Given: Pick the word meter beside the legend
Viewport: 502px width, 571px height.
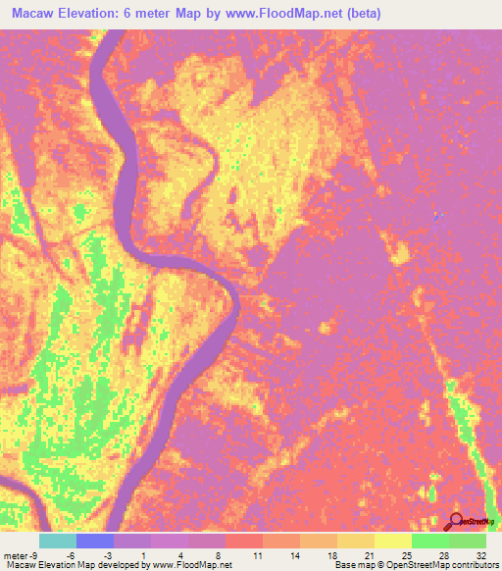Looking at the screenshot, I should click(x=15, y=554).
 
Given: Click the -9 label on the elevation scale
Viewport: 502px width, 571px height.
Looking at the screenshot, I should click(x=34, y=554).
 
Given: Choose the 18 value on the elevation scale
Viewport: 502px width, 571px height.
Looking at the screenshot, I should click(x=333, y=554).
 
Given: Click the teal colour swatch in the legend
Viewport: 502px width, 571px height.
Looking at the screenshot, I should click(x=58, y=541).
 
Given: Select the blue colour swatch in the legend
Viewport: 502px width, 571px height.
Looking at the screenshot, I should click(x=95, y=541).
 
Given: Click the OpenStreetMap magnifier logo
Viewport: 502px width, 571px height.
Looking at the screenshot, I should click(x=456, y=521).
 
